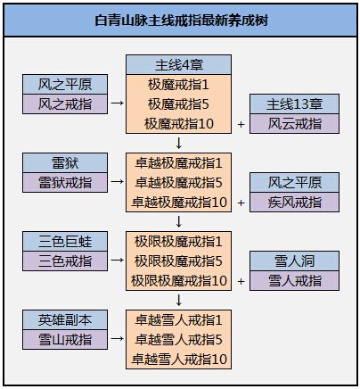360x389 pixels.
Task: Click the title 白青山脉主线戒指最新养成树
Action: point(181,21)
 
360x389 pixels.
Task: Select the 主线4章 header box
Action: point(178,65)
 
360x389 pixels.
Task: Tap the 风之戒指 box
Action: point(65,104)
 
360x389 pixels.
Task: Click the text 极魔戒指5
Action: point(178,104)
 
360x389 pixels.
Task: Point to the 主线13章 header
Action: point(294,104)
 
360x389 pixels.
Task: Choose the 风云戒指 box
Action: point(294,124)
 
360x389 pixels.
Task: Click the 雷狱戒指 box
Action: point(65,183)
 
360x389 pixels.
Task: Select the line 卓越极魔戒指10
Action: point(179,203)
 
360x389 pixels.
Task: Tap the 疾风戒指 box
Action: point(294,203)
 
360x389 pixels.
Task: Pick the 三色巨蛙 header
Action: point(65,242)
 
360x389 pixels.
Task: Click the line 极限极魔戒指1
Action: point(178,242)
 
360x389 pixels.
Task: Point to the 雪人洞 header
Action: point(294,261)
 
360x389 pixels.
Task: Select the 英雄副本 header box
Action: point(65,320)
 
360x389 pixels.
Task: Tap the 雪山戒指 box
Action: point(65,340)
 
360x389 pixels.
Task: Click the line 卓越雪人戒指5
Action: point(178,340)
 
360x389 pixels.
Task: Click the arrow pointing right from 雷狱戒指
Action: point(117,181)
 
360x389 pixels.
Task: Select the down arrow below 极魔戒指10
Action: point(179,143)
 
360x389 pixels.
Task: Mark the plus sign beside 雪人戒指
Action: point(241,281)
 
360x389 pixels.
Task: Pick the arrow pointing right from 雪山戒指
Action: point(117,338)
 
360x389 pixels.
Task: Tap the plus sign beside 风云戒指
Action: point(241,124)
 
